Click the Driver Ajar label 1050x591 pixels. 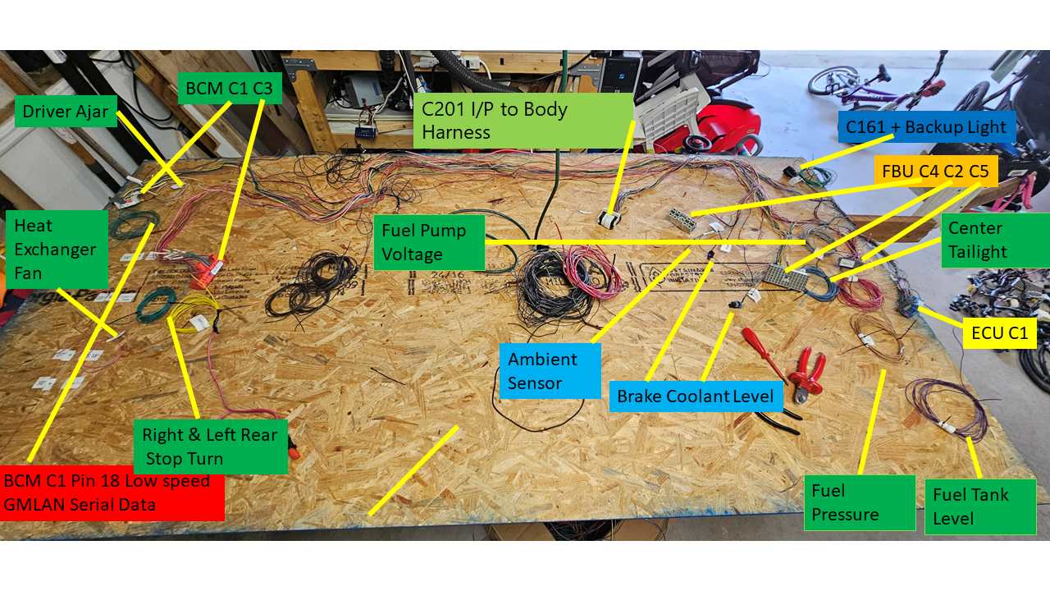(66, 111)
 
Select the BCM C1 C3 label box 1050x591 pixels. (230, 88)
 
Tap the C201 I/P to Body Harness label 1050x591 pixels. (523, 121)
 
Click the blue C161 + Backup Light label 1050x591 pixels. (927, 126)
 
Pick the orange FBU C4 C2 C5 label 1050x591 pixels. (936, 172)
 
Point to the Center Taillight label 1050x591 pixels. (995, 241)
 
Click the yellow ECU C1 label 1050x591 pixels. (999, 333)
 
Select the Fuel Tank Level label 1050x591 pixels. (980, 506)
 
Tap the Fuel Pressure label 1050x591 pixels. (860, 503)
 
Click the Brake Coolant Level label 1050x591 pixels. (696, 396)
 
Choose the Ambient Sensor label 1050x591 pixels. (550, 371)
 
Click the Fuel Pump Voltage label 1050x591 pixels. (429, 242)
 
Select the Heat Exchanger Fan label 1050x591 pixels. (57, 249)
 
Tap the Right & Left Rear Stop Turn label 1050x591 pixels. (211, 447)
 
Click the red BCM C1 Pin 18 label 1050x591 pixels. (112, 493)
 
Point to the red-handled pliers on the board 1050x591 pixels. (806, 375)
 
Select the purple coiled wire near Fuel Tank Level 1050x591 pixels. (947, 409)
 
